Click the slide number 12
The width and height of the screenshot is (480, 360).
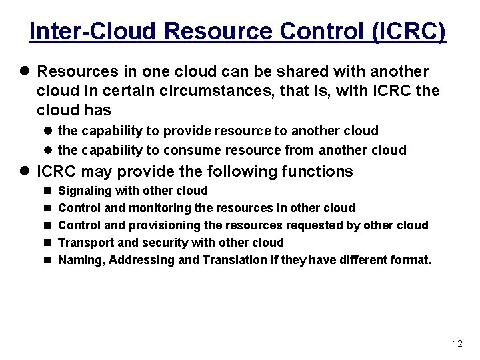coord(457,344)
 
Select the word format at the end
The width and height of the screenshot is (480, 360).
coord(409,260)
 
